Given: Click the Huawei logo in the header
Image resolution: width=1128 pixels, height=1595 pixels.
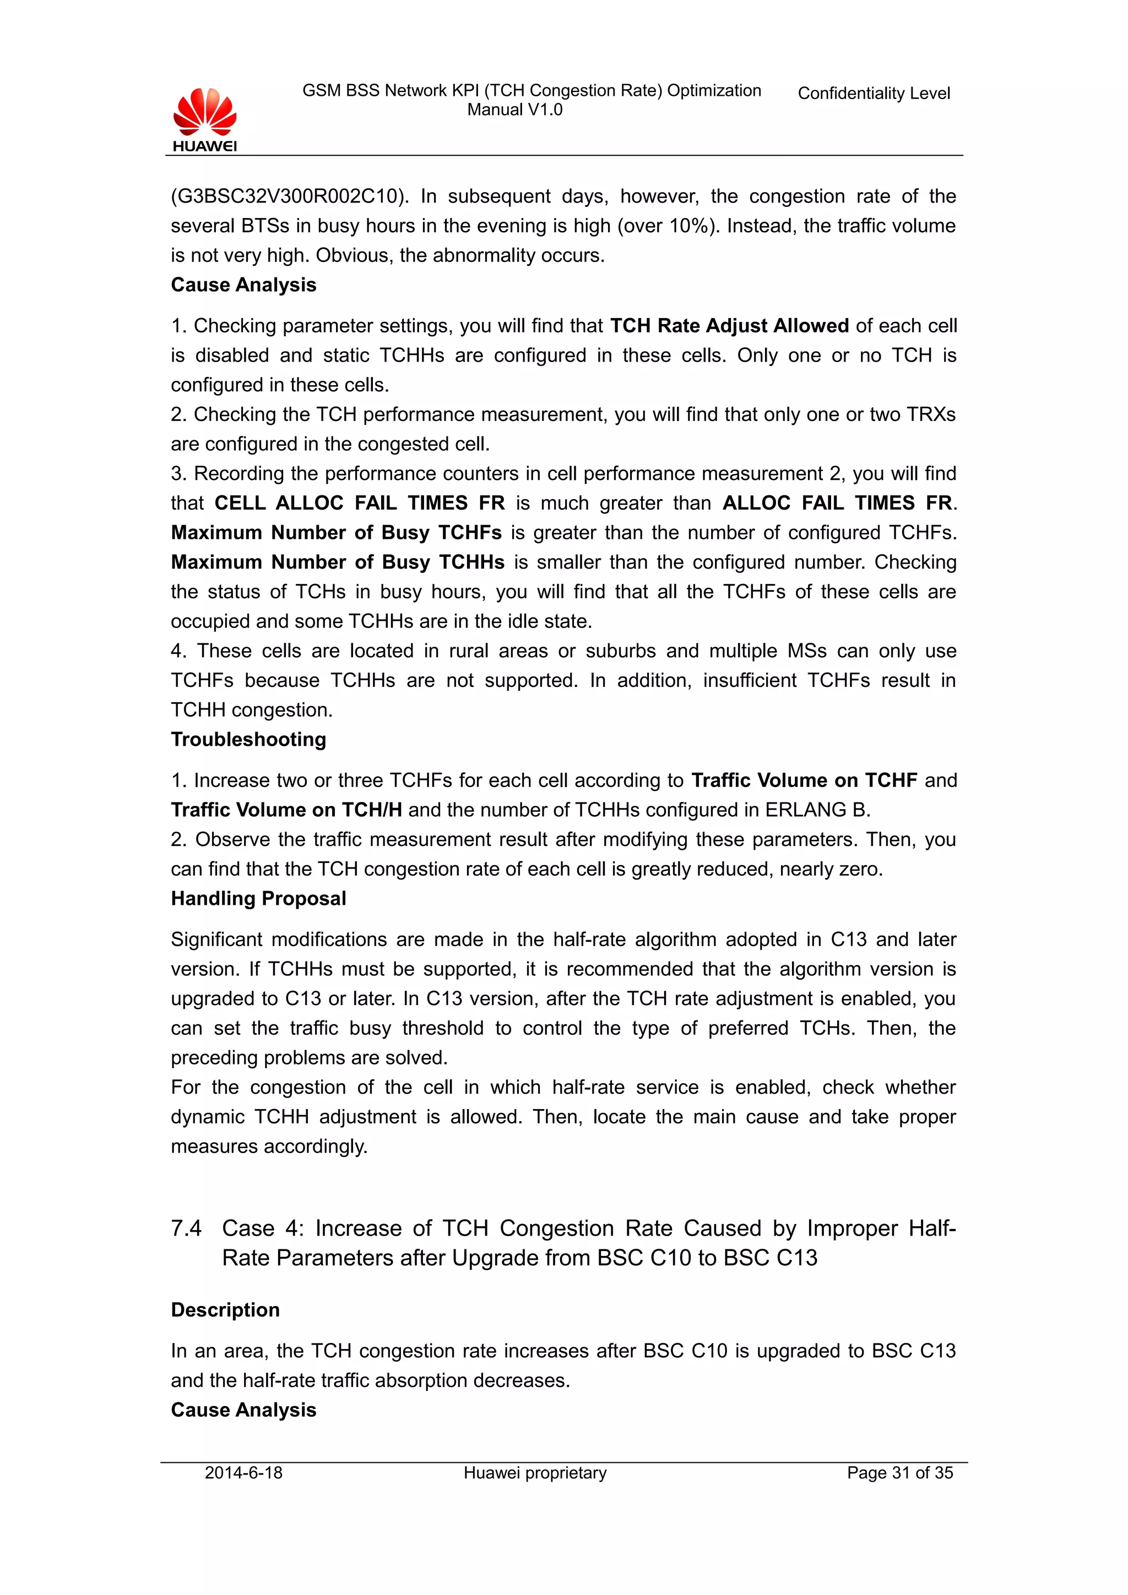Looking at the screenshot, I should point(204,119).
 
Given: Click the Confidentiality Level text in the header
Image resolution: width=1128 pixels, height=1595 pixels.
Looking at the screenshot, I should point(873,93).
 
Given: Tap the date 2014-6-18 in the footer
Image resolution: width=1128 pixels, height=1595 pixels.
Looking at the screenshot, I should point(243,1473).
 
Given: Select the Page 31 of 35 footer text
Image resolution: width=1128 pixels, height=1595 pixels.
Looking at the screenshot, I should point(899,1473).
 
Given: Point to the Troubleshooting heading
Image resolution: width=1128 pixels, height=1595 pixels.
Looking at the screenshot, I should point(248,739).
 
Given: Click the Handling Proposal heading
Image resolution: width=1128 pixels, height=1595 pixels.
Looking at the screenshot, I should point(258,898).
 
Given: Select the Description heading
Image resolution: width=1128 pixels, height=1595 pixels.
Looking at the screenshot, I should point(225,1309).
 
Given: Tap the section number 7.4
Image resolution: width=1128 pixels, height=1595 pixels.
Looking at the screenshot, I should point(186,1228).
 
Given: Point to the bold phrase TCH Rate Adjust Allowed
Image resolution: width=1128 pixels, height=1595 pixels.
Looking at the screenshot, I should point(729,326).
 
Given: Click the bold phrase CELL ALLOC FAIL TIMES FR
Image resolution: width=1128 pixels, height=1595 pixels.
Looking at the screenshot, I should point(359,503).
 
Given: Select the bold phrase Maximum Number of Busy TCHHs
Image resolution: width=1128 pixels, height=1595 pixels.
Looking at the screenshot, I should point(337,562).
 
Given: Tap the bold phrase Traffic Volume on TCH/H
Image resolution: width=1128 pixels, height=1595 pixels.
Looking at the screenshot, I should point(286,810).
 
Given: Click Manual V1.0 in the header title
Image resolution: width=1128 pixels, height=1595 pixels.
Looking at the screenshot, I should point(514,110).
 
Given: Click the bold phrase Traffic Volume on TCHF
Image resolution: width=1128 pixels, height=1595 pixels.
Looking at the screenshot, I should point(804,780).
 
